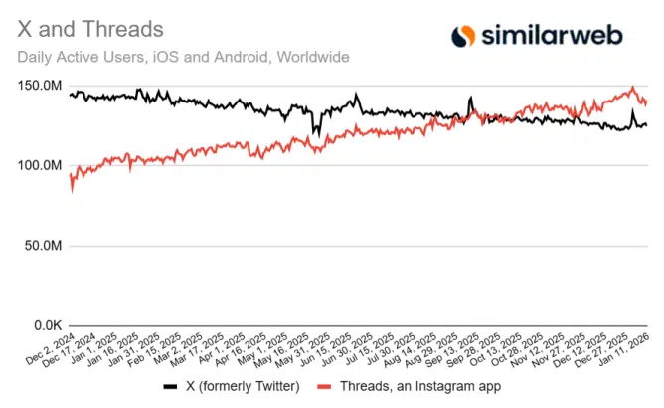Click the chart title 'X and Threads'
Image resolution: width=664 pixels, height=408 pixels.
point(90,31)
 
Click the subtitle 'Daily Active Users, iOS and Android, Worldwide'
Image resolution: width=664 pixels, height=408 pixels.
point(183,57)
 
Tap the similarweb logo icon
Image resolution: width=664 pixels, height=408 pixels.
point(463,36)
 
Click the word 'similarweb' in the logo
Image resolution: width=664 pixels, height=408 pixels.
point(552,36)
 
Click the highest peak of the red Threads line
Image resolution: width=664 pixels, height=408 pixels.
point(632,88)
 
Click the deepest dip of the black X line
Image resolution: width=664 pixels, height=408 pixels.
point(314,132)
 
